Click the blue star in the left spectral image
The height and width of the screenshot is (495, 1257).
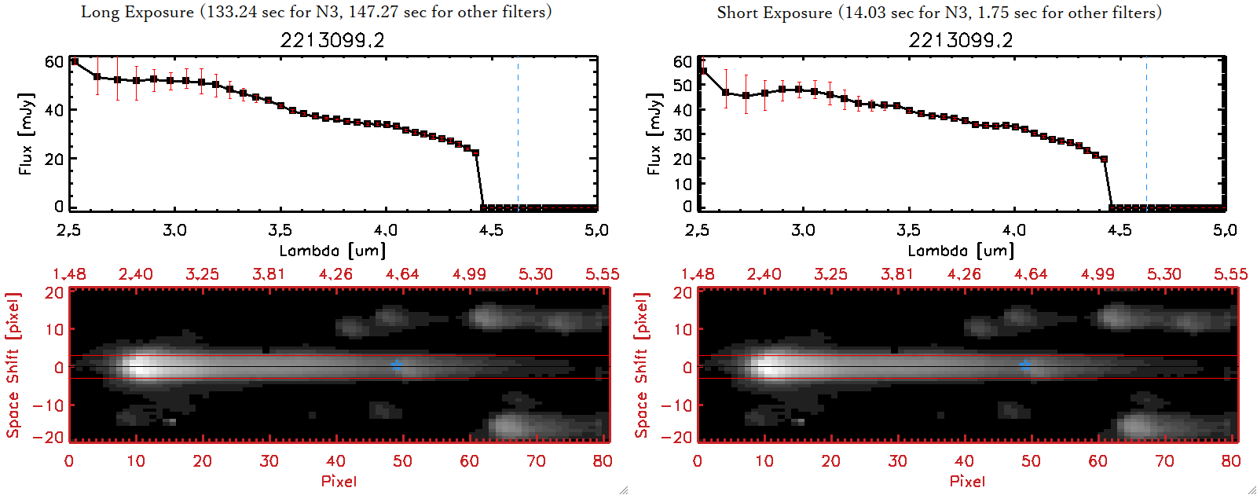[x=397, y=365]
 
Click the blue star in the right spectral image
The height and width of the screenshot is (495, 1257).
[x=1025, y=365]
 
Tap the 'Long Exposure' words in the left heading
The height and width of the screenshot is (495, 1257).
[x=137, y=12]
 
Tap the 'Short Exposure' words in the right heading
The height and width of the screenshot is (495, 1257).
[x=774, y=13]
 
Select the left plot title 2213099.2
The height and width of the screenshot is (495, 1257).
[x=332, y=40]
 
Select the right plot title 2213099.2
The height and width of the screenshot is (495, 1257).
[x=961, y=40]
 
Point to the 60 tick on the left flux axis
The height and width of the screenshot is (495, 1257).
[x=53, y=61]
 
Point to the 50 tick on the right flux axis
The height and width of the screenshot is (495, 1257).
[x=682, y=85]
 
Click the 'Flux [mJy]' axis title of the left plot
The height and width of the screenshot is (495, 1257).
[x=26, y=134]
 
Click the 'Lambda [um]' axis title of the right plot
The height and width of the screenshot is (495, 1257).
[x=961, y=251]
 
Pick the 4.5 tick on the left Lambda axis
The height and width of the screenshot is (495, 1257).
[x=491, y=230]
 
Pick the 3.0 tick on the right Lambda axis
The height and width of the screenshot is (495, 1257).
[x=803, y=230]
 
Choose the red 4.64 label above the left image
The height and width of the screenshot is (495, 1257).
[x=402, y=274]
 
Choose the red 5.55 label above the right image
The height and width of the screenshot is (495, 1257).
[x=1230, y=274]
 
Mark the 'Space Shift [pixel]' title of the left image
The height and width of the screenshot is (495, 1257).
[x=13, y=365]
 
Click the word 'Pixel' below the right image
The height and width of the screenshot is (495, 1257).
[x=967, y=481]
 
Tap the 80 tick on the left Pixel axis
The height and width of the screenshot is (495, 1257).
[x=603, y=461]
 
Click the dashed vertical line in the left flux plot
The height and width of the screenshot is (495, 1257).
[x=518, y=134]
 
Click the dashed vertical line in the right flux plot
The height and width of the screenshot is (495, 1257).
[x=1146, y=134]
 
